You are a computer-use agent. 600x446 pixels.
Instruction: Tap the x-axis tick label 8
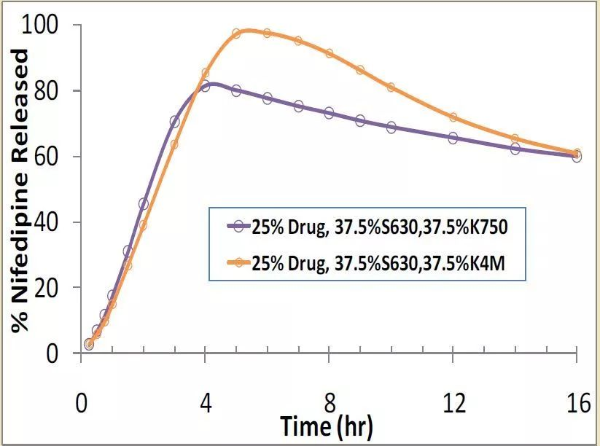click(329, 403)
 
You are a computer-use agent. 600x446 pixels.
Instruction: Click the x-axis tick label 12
click(453, 403)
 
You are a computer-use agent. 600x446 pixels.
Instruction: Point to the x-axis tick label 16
click(577, 403)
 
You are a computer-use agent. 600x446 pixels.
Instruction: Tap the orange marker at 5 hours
click(236, 34)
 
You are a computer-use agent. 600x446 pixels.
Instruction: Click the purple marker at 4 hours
click(205, 86)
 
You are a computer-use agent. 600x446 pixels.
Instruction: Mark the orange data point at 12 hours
click(453, 117)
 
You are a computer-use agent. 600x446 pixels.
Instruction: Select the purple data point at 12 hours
click(453, 138)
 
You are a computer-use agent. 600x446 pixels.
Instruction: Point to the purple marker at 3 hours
click(174, 122)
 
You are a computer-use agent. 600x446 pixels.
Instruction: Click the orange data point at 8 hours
click(329, 53)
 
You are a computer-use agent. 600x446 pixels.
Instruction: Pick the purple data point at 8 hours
click(329, 113)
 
